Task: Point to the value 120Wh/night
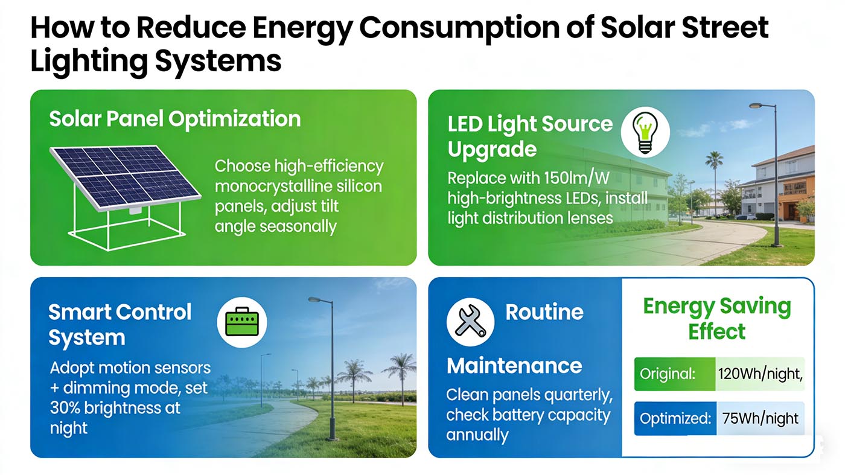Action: (x=760, y=374)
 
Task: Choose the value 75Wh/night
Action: (x=760, y=418)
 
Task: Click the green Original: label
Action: (x=667, y=374)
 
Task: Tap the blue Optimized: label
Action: (x=674, y=418)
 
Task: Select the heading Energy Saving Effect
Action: (x=716, y=319)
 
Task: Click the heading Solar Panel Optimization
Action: (x=174, y=119)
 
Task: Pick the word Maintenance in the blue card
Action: (x=514, y=366)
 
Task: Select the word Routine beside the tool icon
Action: (x=544, y=313)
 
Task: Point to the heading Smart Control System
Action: (x=120, y=325)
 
